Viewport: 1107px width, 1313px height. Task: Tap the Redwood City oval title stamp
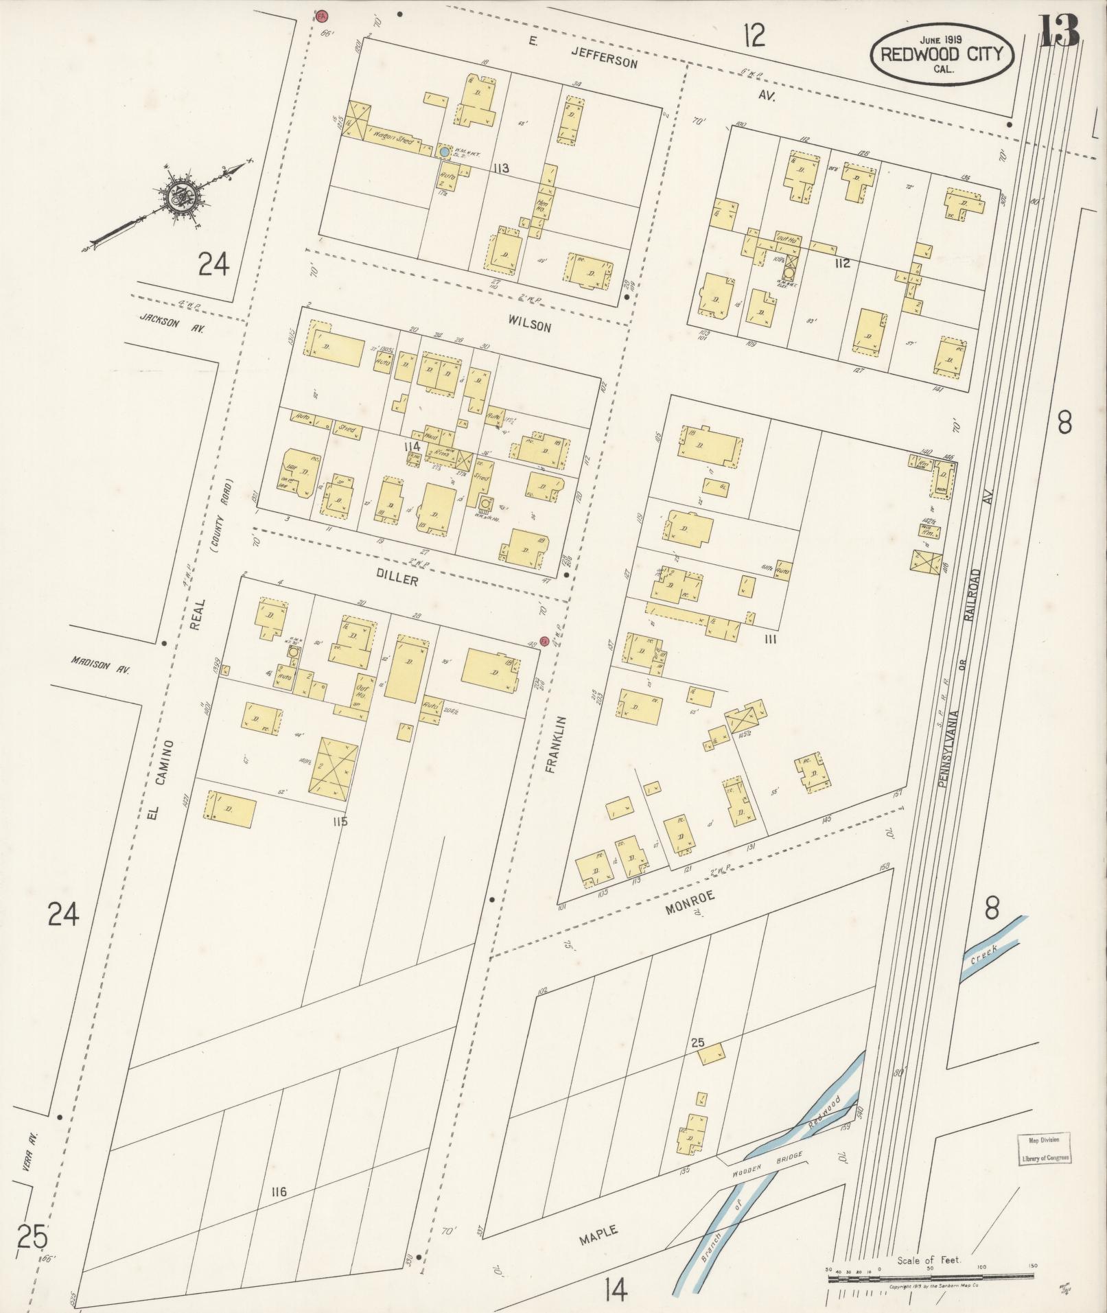click(x=942, y=55)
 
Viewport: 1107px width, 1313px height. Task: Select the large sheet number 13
click(x=1059, y=30)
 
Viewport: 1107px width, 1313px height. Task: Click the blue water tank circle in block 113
click(x=445, y=150)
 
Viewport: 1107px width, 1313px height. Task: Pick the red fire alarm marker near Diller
click(x=544, y=642)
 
